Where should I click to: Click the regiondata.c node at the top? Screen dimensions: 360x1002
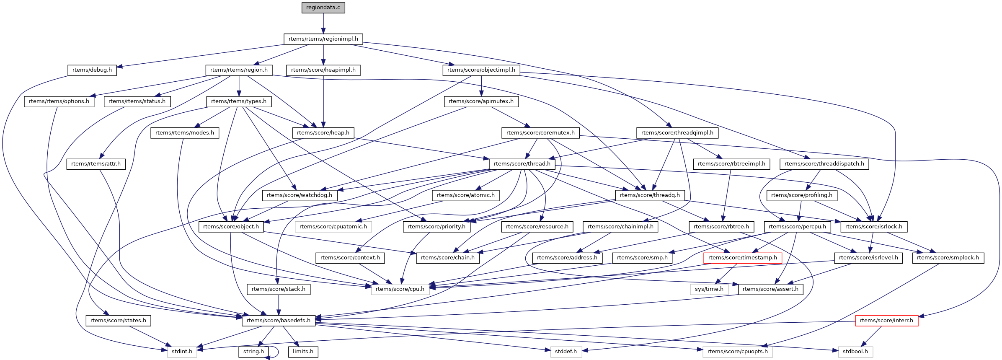pos(323,8)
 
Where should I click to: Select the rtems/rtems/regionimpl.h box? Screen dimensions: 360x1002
pos(323,39)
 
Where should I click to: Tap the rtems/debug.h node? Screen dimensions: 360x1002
pos(92,70)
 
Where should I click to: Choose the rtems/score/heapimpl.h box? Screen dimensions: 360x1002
pos(323,70)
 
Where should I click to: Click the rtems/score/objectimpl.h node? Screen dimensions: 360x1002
pos(481,70)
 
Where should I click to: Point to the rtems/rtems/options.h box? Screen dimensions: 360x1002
pos(59,101)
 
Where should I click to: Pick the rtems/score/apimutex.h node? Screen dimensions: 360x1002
pos(481,101)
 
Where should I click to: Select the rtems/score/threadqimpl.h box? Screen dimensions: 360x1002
pos(677,133)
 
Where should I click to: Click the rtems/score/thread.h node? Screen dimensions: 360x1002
pos(522,164)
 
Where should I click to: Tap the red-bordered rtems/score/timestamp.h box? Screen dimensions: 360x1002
pos(742,258)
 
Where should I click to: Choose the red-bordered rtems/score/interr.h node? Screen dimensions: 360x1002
pos(886,321)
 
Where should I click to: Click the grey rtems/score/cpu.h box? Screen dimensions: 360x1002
pos(400,289)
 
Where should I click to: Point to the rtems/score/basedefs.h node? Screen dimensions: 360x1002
pos(279,321)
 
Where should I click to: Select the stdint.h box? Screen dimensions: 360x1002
pos(182,352)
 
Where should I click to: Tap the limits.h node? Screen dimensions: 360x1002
pos(303,352)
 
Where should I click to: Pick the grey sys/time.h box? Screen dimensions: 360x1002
pos(709,289)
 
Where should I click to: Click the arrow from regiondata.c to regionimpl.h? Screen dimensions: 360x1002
pos(323,23)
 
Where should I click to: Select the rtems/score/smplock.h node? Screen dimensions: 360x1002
pos(948,258)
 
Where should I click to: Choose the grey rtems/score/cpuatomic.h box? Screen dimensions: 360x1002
pos(333,227)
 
